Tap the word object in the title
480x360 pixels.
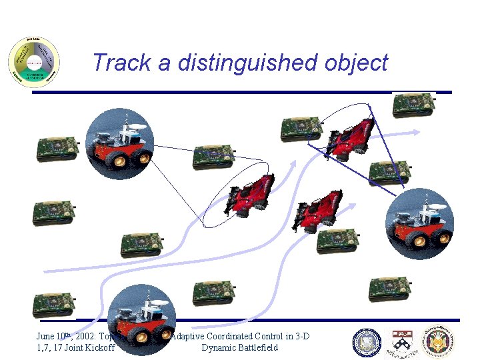pos(355,63)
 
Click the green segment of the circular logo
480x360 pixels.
pos(34,75)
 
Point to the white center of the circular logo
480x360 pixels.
pos(34,63)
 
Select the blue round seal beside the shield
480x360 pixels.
pos(367,343)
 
